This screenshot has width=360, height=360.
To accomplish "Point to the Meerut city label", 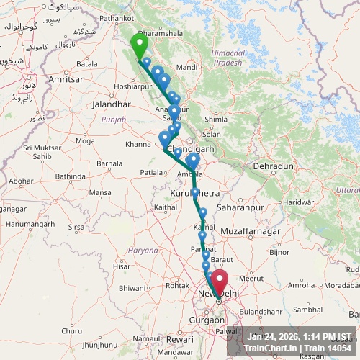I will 252,277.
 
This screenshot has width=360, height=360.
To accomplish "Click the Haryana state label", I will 143,250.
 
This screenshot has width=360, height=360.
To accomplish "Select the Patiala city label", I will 152,173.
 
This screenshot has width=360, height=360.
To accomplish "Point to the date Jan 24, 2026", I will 271,336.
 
